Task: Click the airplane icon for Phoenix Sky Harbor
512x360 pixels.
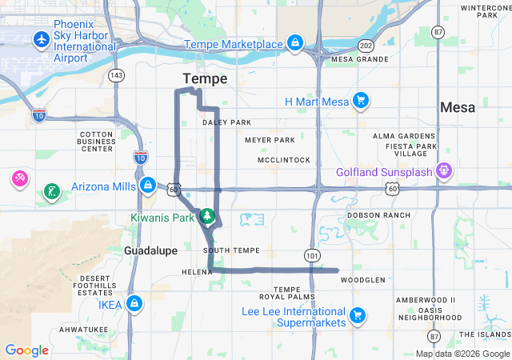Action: [41, 39]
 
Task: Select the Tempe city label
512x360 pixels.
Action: [205, 78]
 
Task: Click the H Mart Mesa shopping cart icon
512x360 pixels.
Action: [361, 101]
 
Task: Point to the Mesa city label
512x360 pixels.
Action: [458, 107]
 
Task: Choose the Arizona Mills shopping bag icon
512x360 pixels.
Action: [147, 186]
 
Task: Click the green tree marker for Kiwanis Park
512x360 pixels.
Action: [207, 216]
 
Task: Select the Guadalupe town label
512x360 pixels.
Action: [150, 250]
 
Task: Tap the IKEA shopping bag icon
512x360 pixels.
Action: [134, 304]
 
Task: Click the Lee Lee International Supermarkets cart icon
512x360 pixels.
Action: [357, 313]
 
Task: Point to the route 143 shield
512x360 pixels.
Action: [117, 75]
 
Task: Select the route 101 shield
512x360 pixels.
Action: [310, 254]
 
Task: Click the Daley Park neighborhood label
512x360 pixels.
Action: [226, 122]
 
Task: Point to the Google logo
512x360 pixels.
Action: [26, 350]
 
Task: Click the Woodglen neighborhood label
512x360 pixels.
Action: [363, 280]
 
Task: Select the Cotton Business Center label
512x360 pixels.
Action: [96, 142]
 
